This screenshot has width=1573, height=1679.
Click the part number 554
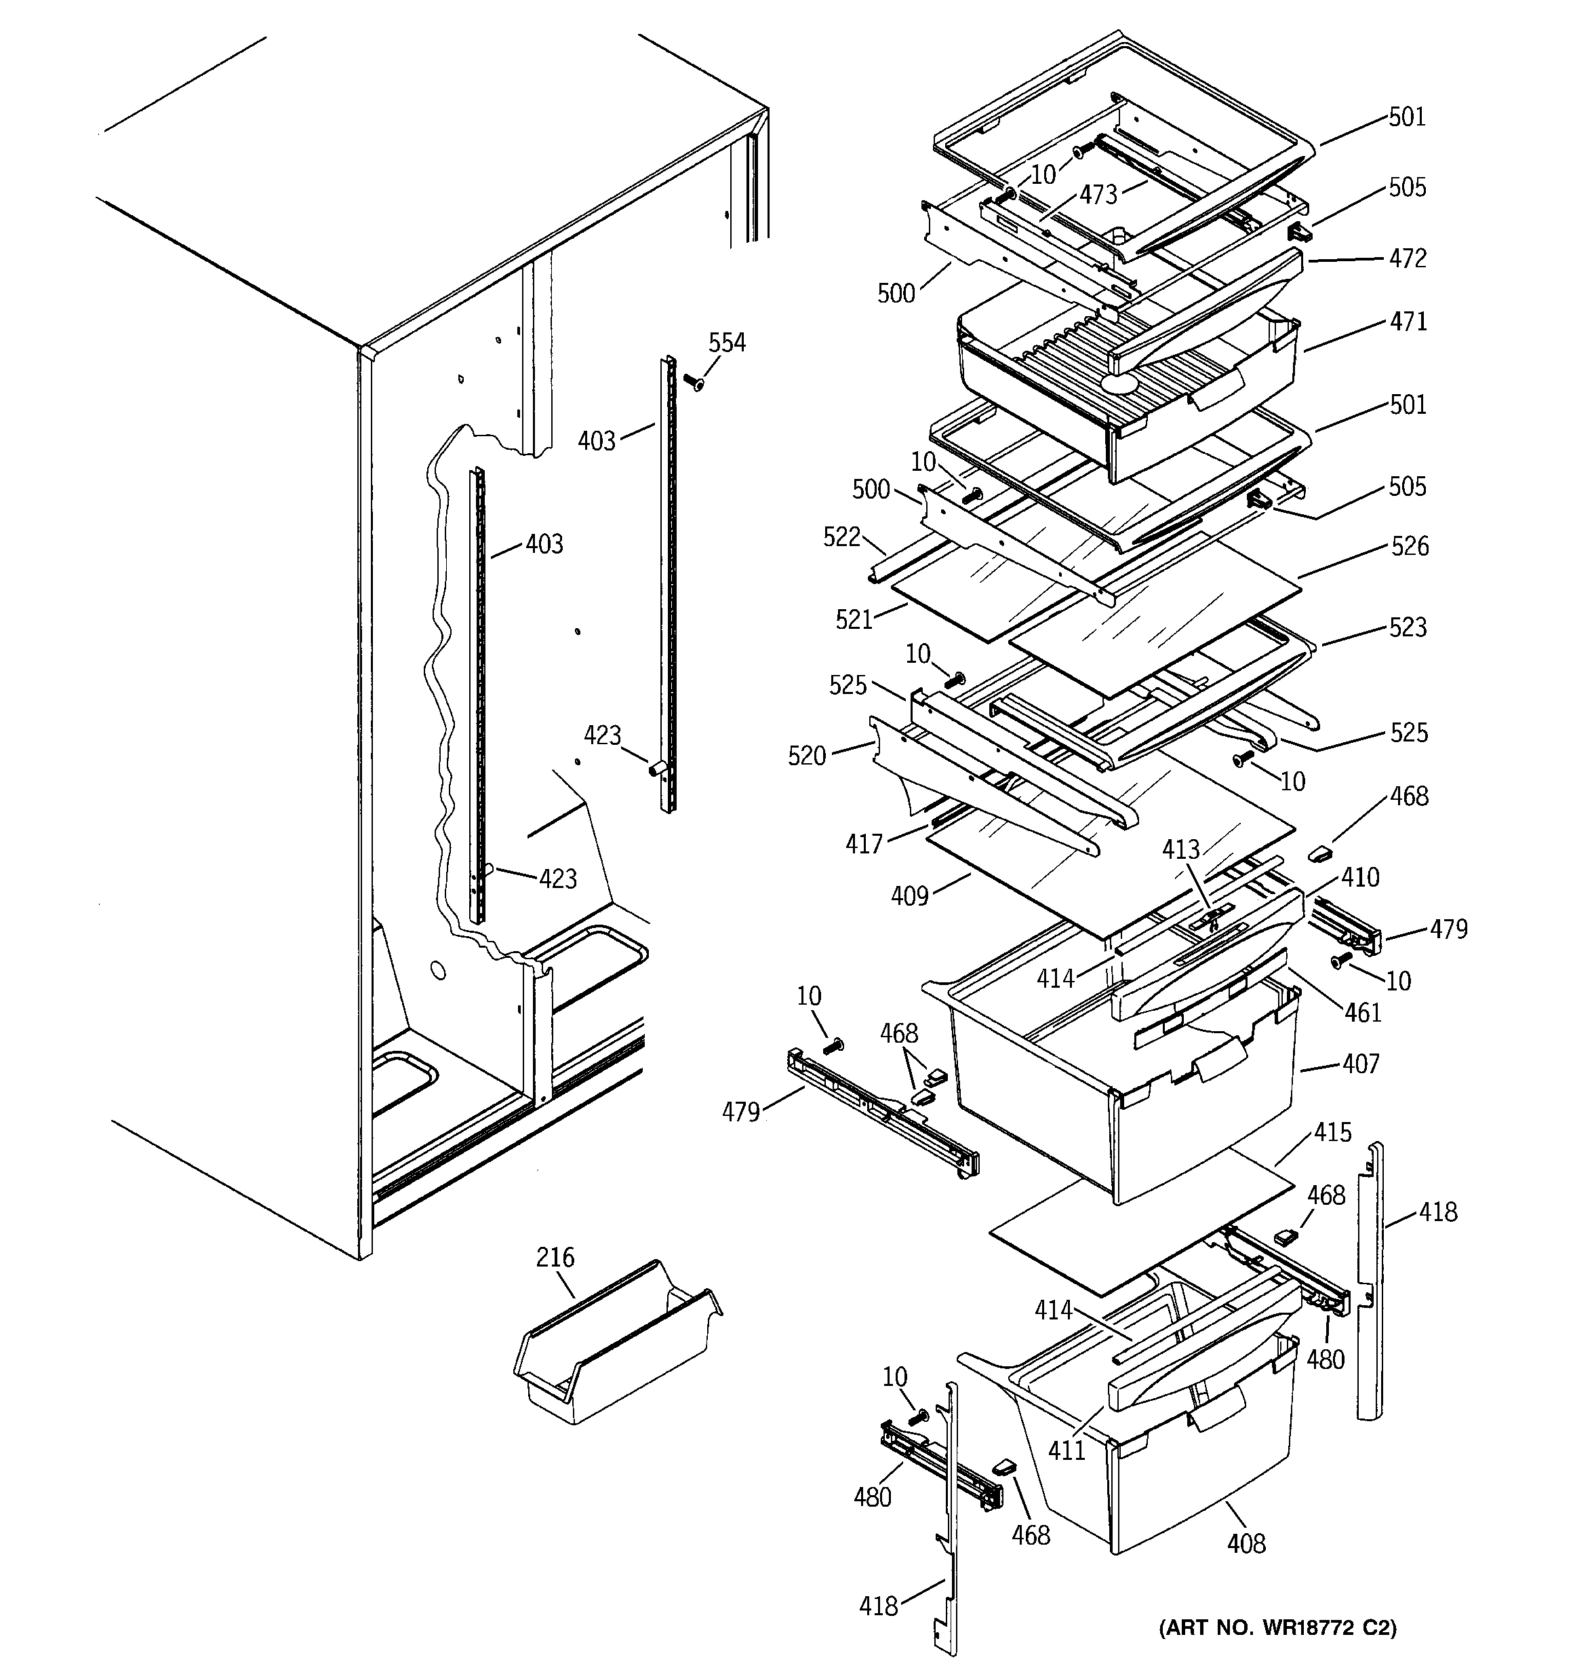click(726, 343)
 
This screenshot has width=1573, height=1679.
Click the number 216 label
click(555, 1258)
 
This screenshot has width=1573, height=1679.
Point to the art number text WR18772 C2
click(1277, 1627)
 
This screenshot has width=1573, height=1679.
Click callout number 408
click(1246, 1544)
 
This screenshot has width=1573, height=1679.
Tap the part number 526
click(1409, 546)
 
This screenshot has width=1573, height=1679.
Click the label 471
click(1408, 322)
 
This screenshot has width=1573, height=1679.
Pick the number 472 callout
click(1408, 258)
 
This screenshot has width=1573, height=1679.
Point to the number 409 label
click(909, 896)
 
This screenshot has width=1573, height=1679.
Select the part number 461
click(1362, 1011)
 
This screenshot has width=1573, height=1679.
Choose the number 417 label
click(864, 844)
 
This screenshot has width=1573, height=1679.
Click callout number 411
click(1067, 1450)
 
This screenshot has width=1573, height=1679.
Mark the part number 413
click(1180, 849)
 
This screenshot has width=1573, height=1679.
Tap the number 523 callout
click(1408, 628)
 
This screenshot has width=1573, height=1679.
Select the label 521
click(854, 620)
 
